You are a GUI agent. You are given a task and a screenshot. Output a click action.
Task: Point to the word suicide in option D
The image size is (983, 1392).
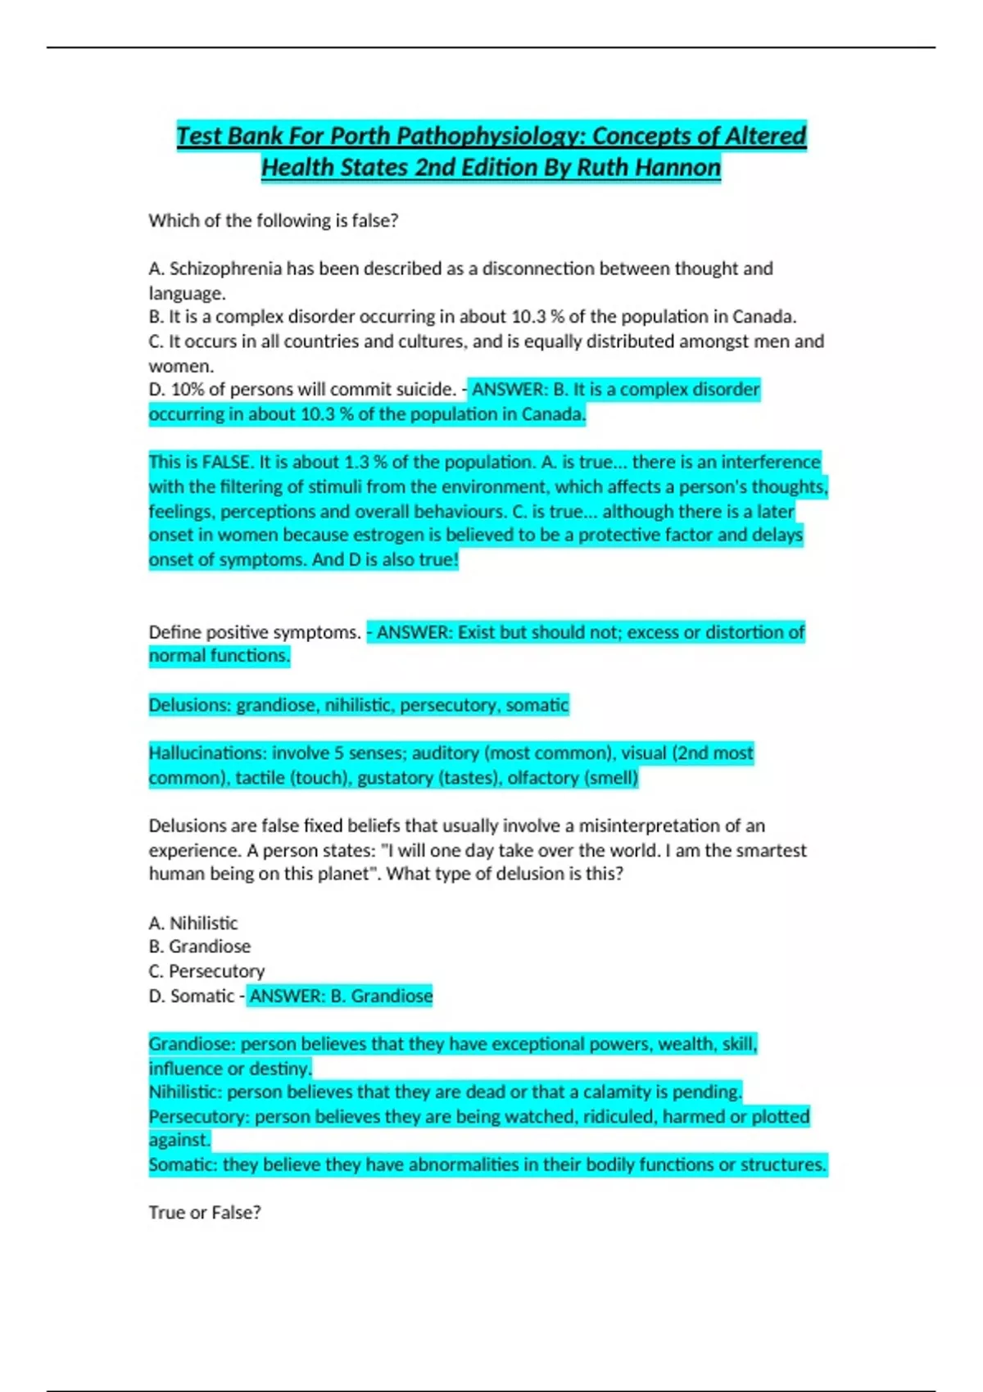pyautogui.click(x=419, y=390)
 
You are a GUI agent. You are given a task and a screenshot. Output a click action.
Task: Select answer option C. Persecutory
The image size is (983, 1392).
pyautogui.click(x=206, y=971)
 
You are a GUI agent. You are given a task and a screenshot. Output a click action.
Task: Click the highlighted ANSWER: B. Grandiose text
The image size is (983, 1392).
pyautogui.click(x=340, y=997)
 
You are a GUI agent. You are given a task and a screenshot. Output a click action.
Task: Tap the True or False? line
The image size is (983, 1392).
pyautogui.click(x=205, y=1213)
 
